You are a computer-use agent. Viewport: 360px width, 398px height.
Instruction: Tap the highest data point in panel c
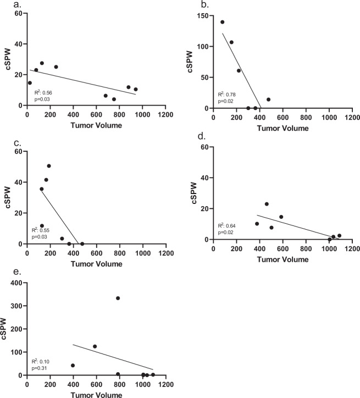49,166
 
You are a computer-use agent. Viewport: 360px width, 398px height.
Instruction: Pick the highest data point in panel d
267,204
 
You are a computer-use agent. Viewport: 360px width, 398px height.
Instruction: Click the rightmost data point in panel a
136,89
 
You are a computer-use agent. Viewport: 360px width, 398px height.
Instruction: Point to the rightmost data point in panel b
268,99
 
